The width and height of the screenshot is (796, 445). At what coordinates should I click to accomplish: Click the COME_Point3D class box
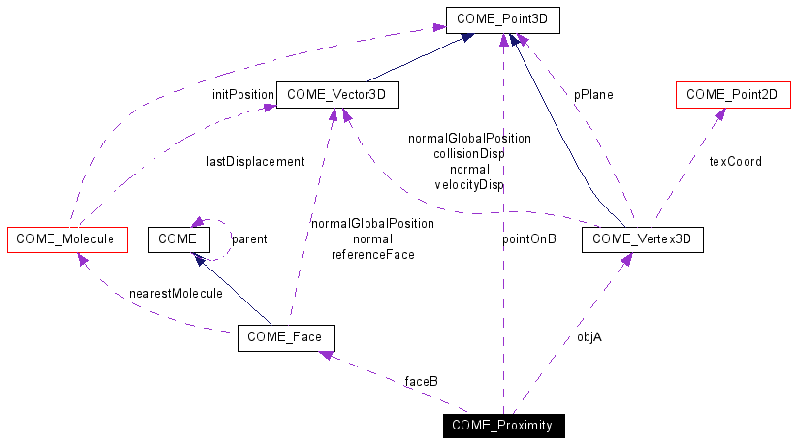click(503, 17)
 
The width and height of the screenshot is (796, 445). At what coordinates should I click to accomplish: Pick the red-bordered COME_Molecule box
click(67, 238)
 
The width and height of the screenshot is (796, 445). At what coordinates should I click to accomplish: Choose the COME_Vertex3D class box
click(641, 238)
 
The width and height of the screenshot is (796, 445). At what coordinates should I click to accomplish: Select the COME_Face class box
click(286, 337)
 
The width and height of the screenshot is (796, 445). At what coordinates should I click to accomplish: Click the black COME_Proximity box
click(503, 425)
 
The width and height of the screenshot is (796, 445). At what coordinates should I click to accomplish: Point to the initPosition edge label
click(243, 95)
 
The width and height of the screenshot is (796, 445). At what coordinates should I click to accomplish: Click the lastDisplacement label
click(255, 161)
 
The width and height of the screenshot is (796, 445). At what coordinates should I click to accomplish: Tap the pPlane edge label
click(593, 95)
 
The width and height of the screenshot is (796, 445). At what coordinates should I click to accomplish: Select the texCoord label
click(736, 161)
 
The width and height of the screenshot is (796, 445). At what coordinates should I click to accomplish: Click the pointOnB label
click(529, 238)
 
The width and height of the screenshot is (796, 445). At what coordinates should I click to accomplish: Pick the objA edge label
click(589, 337)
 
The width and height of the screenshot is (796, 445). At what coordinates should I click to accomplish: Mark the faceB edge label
click(421, 381)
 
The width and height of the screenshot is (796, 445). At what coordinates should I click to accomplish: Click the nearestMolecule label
click(175, 293)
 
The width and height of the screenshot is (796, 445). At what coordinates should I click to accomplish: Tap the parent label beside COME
click(249, 238)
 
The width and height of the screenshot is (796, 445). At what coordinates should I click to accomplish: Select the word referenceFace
click(373, 254)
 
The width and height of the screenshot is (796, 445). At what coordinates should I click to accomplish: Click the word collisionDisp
click(469, 153)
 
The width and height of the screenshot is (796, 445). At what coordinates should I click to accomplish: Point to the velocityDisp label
click(469, 184)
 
